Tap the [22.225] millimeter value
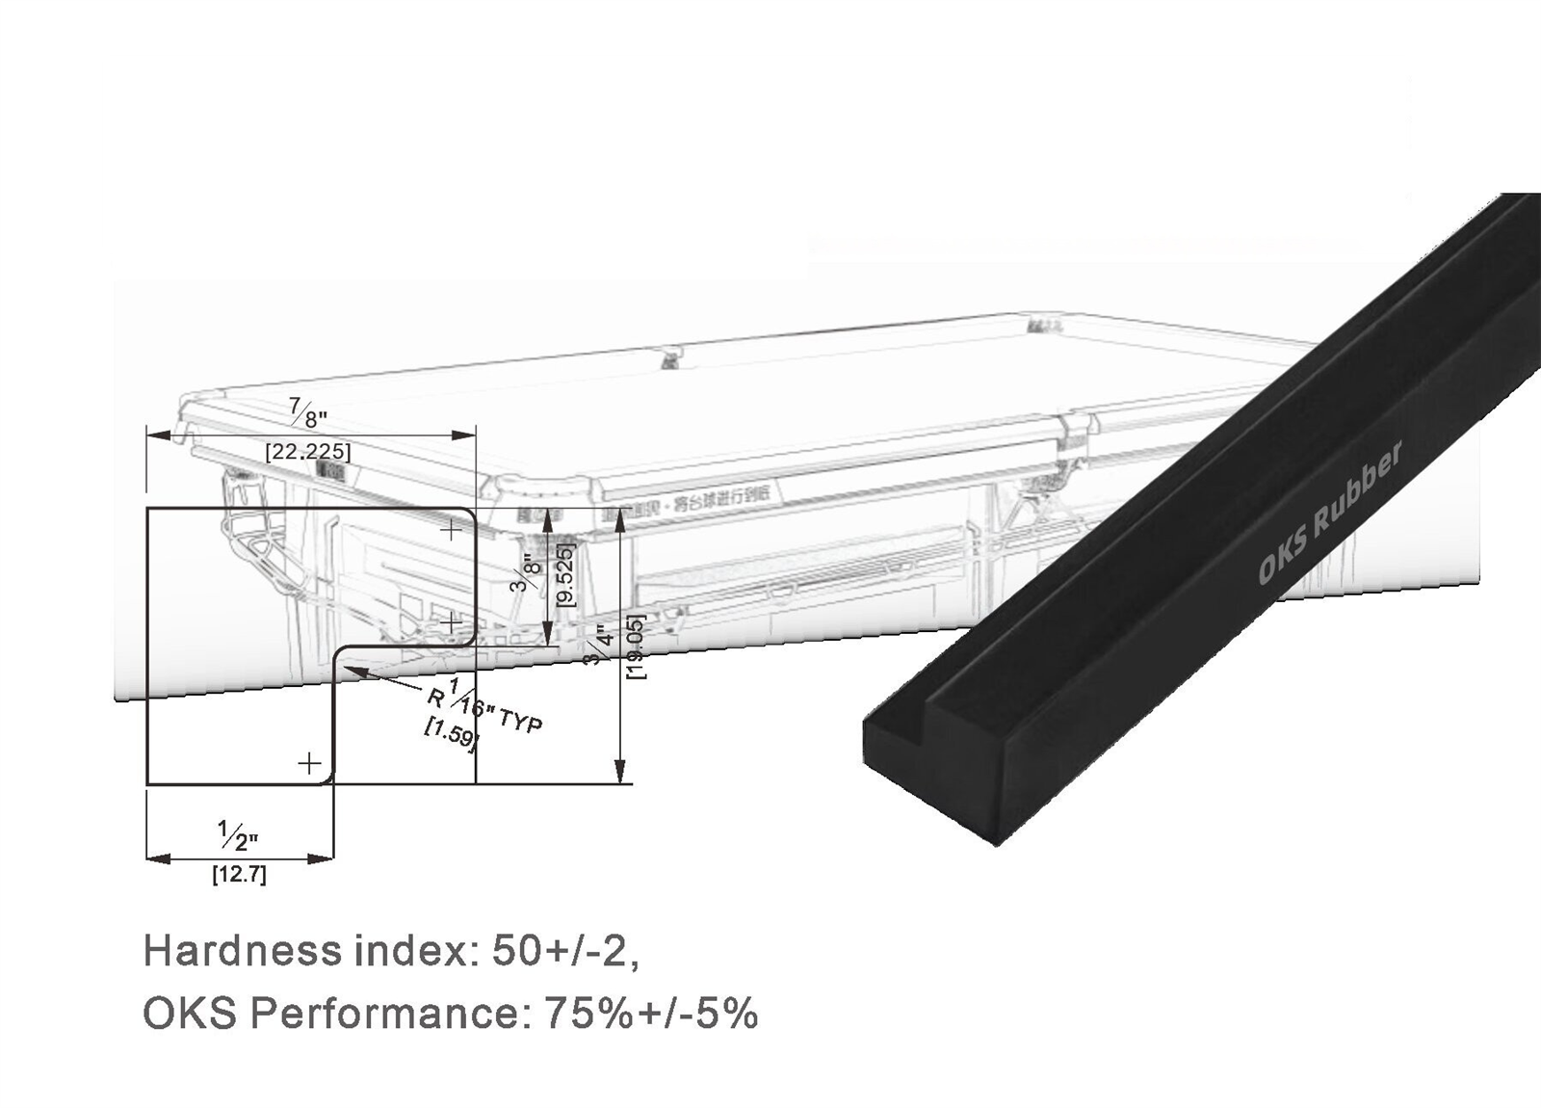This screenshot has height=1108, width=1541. pyautogui.click(x=308, y=451)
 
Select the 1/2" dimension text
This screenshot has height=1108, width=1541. pyautogui.click(x=237, y=834)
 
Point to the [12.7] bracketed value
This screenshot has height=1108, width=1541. pyautogui.click(x=239, y=876)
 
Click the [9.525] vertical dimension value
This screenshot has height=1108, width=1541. pyautogui.click(x=566, y=574)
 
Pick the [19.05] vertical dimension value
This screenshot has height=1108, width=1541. pyautogui.click(x=637, y=646)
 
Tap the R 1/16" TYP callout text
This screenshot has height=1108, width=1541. pyautogui.click(x=485, y=708)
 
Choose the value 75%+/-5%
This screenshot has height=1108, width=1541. pyautogui.click(x=651, y=1013)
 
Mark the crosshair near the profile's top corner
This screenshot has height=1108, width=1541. pyautogui.click(x=451, y=529)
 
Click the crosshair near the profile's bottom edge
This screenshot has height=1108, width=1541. pyautogui.click(x=308, y=764)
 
